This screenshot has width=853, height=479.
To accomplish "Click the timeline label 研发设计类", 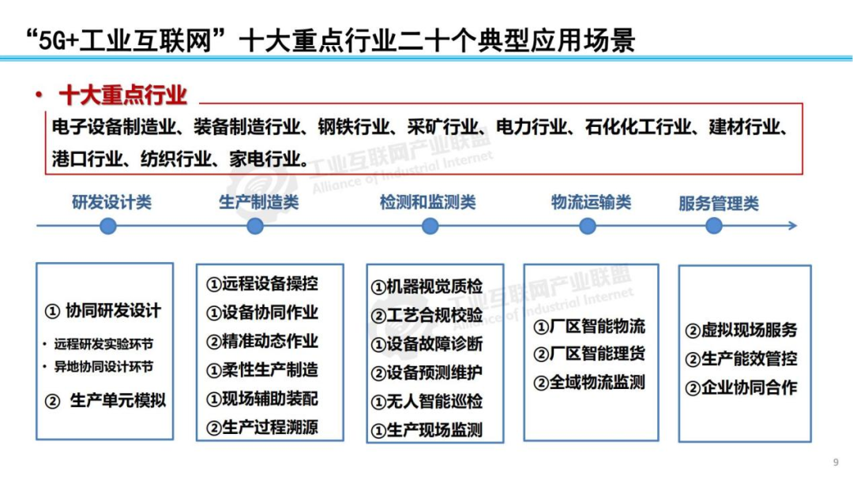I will tap(111, 202).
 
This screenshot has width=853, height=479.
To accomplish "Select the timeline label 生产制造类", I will tap(259, 202).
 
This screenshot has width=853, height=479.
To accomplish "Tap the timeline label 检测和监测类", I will tap(427, 203).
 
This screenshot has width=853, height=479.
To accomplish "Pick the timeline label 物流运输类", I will tap(591, 203).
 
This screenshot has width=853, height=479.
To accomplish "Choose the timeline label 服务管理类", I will tap(718, 204).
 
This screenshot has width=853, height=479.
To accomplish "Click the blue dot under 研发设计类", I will tap(108, 226).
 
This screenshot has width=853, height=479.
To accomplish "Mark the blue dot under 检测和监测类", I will tap(430, 226).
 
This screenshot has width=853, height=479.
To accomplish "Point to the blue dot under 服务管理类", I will tap(714, 226).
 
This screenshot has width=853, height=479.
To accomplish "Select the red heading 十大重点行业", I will tap(122, 95).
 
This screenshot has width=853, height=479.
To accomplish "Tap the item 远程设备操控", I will tap(262, 283).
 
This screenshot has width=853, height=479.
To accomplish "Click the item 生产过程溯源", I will tap(262, 428).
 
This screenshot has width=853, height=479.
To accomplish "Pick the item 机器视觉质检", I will tap(426, 287).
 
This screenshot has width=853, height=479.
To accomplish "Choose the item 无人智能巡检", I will tap(426, 402).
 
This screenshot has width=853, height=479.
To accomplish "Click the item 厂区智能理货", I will tap(589, 354).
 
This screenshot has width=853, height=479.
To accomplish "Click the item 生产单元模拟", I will tap(106, 401).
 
